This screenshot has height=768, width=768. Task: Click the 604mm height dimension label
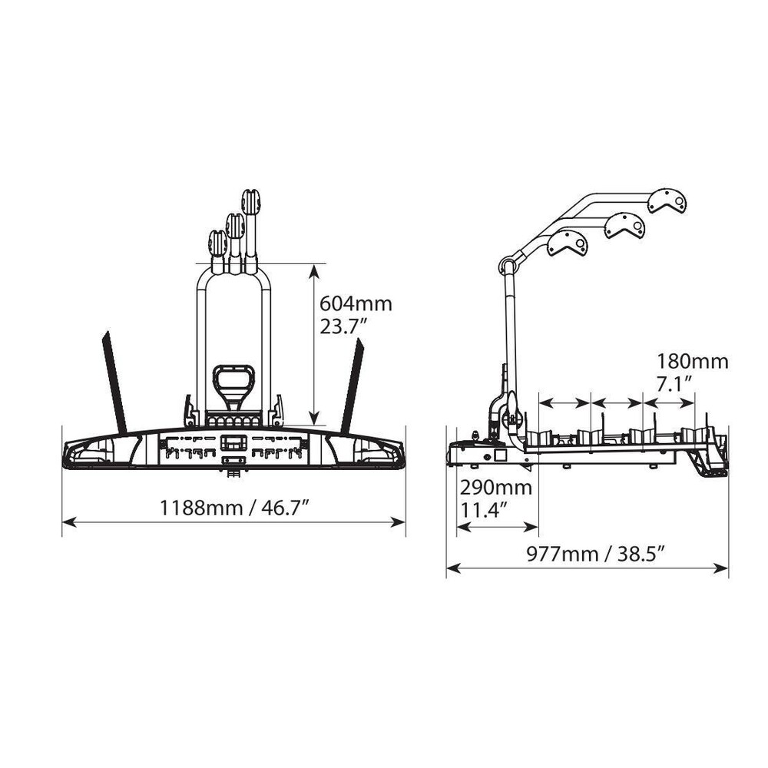(356, 303)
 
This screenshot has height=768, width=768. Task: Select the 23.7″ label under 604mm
(343, 326)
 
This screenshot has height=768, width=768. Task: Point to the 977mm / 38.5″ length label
(595, 554)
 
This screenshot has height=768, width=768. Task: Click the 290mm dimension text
(495, 488)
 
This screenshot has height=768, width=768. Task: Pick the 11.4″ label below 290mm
(482, 510)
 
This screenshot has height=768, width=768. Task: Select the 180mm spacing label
(692, 362)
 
